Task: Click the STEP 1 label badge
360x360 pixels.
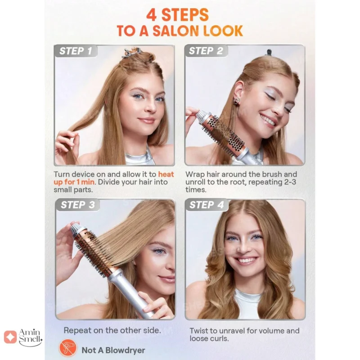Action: tap(76, 51)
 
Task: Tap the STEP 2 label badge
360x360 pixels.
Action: tap(206, 51)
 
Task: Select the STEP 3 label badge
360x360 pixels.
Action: tap(77, 205)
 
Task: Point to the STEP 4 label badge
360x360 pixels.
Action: tap(207, 205)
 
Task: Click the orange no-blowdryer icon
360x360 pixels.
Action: tap(68, 348)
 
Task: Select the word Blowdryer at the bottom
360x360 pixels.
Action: tap(125, 351)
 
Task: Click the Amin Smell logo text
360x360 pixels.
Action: tap(30, 337)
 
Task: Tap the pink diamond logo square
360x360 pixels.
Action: tap(10, 337)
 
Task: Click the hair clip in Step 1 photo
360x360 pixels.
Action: tap(132, 53)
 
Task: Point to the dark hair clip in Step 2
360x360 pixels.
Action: tap(269, 53)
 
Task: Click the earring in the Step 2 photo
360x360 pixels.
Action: tap(237, 101)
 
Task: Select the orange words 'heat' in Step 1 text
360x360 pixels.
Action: tap(166, 174)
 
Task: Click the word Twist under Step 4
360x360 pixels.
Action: tap(198, 331)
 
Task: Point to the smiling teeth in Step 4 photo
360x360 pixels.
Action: tap(246, 261)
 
